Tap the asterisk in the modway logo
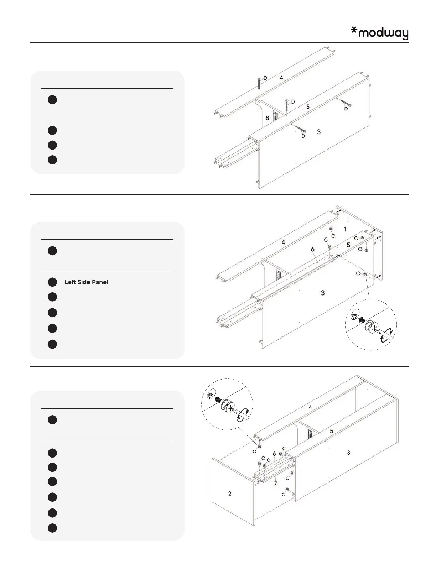(x=354, y=31)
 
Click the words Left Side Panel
(x=86, y=282)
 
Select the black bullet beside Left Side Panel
(x=52, y=282)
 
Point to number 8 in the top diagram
(x=267, y=118)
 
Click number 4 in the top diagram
(x=281, y=77)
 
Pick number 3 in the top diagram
(x=319, y=132)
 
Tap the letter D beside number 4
(x=265, y=78)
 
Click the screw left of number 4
(x=259, y=84)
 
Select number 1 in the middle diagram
(x=345, y=229)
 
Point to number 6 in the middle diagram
(x=312, y=249)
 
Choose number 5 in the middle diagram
(x=348, y=245)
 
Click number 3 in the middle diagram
(x=323, y=293)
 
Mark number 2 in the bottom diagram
(x=230, y=493)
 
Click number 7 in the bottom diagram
(x=275, y=484)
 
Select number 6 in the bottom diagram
(x=274, y=454)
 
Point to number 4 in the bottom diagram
(x=310, y=407)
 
